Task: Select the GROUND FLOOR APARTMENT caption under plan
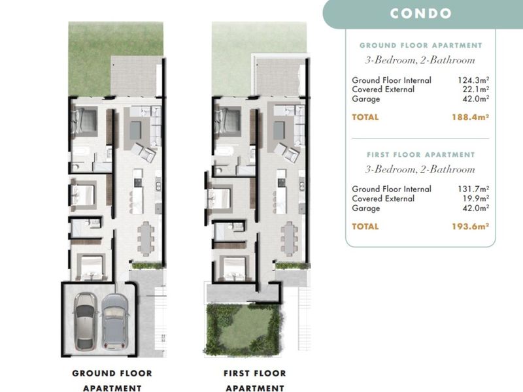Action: pyautogui.click(x=112, y=380)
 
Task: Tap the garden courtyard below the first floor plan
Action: pyautogui.click(x=244, y=327)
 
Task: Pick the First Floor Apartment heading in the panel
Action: pyautogui.click(x=420, y=155)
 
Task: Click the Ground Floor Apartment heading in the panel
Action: pyautogui.click(x=420, y=46)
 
